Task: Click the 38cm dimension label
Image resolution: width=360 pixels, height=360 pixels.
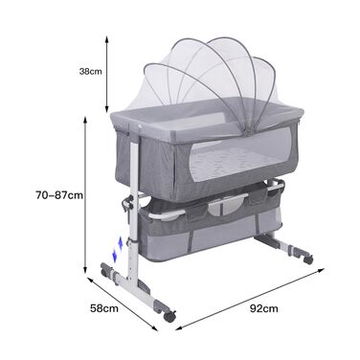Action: pos(91,71)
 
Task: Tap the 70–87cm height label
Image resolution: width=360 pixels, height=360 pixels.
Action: pos(59,195)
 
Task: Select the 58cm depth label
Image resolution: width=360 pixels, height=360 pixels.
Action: pos(104,308)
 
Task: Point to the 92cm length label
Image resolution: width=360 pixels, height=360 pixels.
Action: pos(263,308)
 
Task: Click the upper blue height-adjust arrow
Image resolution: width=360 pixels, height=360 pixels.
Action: pos(121,243)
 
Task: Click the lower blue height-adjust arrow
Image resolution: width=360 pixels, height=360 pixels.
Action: pos(114,256)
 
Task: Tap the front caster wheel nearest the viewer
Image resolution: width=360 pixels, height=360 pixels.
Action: pos(169,316)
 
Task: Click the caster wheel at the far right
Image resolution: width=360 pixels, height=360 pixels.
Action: pos(308,259)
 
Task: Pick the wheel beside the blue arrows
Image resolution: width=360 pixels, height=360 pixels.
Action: pos(105,272)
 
